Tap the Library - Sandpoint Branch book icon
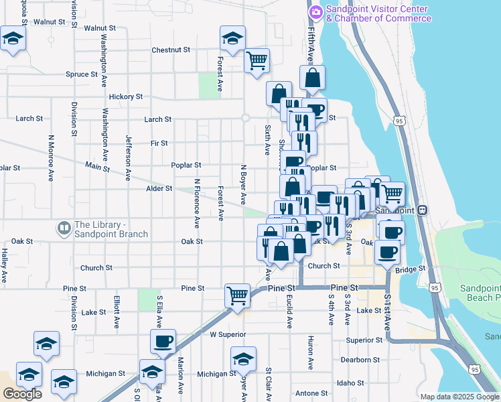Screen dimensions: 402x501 tap(64, 228)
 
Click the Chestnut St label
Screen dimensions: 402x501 tap(171, 50)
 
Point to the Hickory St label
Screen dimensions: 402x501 tap(126, 96)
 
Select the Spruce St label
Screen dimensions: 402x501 tap(82, 74)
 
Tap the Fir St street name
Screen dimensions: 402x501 tap(159, 143)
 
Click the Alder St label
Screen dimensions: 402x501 tap(159, 189)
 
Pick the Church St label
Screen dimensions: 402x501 tap(91, 268)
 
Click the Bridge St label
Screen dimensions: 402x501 tap(411, 269)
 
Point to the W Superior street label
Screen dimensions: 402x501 tap(228, 334)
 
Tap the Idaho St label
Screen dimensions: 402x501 tap(351, 383)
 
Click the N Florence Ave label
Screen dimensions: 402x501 tap(197, 202)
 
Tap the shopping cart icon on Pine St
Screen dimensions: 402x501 tap(237, 294)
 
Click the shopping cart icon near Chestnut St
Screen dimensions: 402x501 tap(257, 60)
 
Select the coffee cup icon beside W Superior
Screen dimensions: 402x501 tap(163, 342)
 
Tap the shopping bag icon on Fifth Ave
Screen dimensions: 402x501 tap(313, 78)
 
